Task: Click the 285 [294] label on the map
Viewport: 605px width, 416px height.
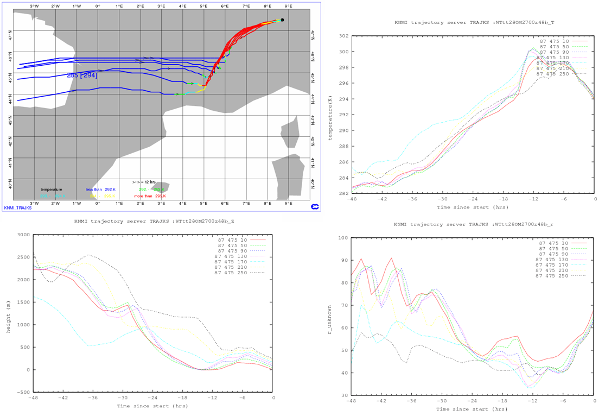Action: (x=82, y=75)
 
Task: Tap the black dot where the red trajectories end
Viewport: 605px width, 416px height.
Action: (x=282, y=20)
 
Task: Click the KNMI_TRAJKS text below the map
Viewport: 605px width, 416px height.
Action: (x=18, y=208)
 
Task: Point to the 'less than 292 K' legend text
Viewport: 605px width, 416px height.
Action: (x=101, y=190)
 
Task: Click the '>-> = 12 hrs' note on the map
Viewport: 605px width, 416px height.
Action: (x=145, y=182)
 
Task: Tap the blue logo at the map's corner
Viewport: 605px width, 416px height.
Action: (x=314, y=207)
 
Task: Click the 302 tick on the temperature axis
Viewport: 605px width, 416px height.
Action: (x=343, y=36)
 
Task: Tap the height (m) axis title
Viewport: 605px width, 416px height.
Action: (x=8, y=313)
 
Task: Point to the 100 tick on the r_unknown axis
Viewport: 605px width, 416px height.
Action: (x=343, y=238)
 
